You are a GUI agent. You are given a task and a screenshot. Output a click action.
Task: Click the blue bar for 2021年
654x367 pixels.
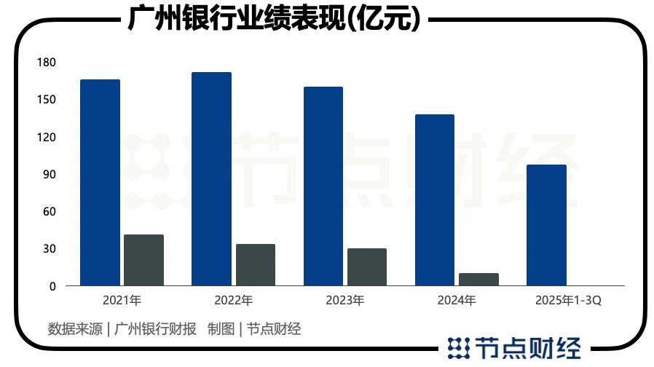tap(100, 182)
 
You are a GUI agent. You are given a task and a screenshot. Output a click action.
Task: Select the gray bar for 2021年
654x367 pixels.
tap(143, 260)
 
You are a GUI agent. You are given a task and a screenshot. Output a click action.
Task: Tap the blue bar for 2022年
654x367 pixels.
tap(211, 178)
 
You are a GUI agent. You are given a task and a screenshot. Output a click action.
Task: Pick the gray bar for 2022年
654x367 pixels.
tap(256, 264)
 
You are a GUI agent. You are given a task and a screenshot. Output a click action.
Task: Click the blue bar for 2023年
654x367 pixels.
tap(323, 186)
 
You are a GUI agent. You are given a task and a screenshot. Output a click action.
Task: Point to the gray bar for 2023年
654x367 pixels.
tap(366, 267)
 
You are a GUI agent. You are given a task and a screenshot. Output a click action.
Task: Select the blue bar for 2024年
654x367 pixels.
tap(434, 200)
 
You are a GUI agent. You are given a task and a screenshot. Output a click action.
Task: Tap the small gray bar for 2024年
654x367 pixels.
tap(478, 279)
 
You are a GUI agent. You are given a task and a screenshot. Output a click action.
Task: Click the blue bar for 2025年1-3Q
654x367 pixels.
tap(546, 225)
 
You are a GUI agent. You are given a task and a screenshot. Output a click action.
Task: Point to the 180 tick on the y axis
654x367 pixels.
tap(47, 63)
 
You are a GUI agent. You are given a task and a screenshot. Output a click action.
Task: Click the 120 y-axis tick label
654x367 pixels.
tap(47, 138)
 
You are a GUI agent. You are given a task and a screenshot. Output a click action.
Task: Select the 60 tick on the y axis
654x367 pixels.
tap(48, 212)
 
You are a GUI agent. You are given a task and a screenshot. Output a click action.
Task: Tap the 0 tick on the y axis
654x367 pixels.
tap(52, 287)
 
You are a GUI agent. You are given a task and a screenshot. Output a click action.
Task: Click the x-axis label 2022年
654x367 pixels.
tap(233, 300)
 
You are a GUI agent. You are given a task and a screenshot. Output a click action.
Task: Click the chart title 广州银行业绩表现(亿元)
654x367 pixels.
tap(274, 19)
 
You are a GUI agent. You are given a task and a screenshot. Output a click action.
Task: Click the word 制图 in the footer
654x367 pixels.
tap(221, 328)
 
